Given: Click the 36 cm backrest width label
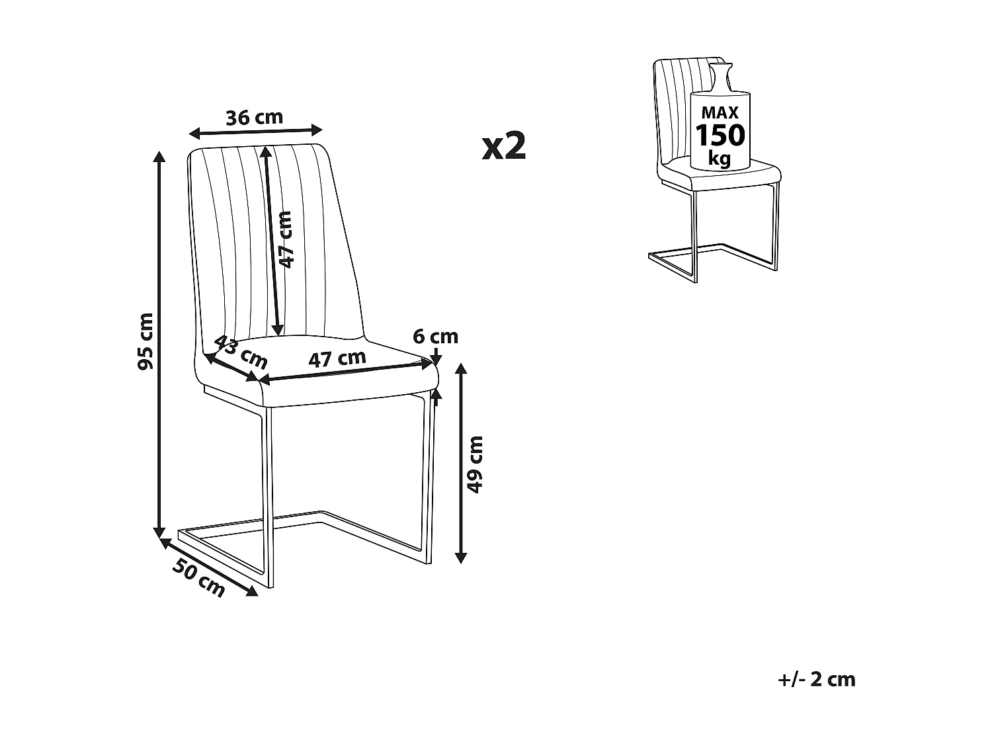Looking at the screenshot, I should click(254, 118).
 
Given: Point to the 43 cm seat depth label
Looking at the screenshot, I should click(241, 352).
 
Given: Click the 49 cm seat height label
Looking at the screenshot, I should click(475, 464).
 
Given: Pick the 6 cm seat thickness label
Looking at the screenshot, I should click(435, 337).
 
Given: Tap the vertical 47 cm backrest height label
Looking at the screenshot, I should click(284, 239).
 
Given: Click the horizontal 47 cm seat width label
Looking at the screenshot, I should click(337, 359).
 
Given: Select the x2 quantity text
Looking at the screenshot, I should click(504, 146).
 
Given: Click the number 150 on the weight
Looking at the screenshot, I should click(720, 136).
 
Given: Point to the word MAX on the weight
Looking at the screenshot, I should click(720, 113).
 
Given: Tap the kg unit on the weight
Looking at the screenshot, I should click(719, 159).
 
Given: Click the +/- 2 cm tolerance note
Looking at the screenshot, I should click(817, 680).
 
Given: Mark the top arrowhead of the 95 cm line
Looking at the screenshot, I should click(159, 156).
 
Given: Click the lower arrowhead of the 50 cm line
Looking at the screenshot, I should click(252, 591).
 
